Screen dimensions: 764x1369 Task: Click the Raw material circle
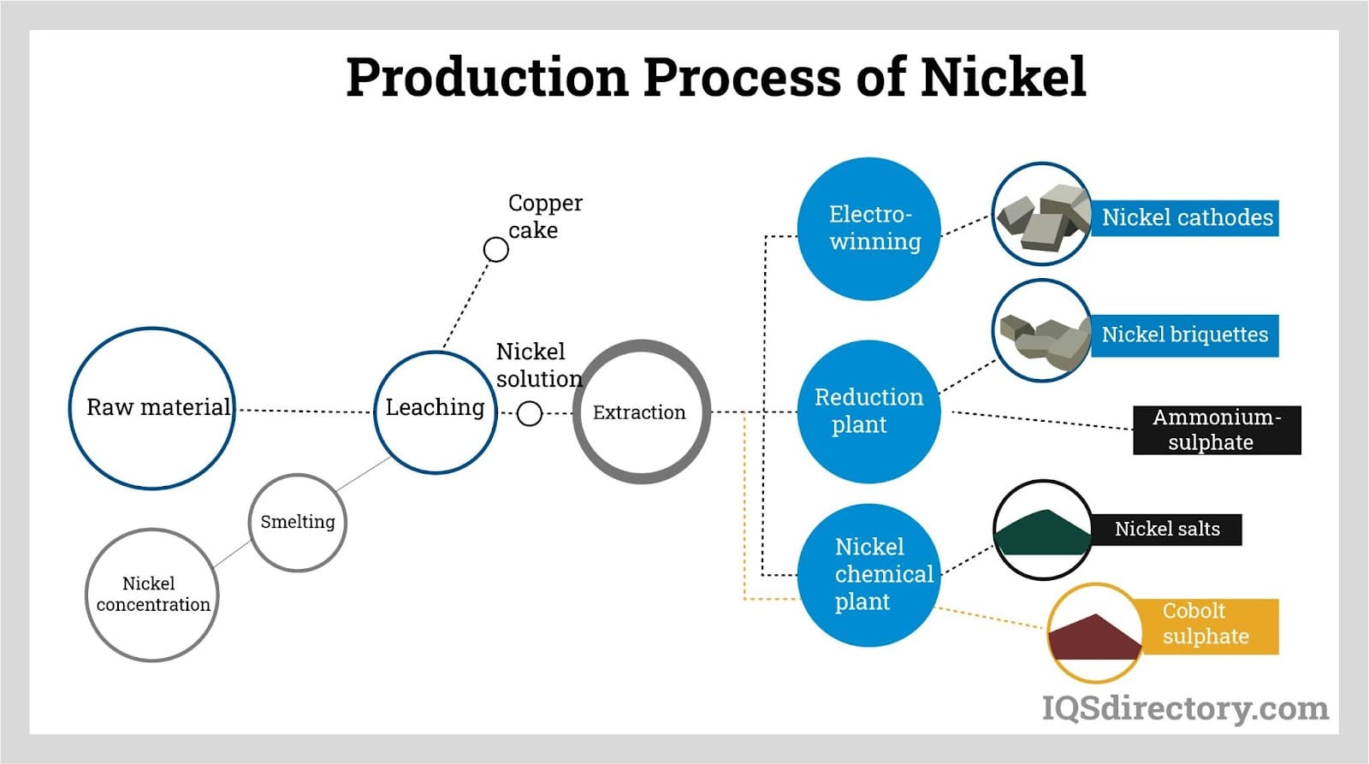[x=152, y=408]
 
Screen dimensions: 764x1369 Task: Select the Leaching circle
[x=435, y=412]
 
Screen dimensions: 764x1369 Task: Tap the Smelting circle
[x=297, y=522]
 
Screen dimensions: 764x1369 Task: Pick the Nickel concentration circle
[x=152, y=595]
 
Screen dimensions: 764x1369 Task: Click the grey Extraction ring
[x=640, y=412]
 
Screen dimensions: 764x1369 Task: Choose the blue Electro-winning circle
[x=869, y=228]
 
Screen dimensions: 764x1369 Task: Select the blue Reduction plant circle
[x=869, y=412]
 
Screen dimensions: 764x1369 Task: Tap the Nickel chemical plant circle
[x=869, y=575]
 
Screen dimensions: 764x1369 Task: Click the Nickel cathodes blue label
[x=1186, y=217]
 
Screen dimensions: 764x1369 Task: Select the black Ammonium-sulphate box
[x=1216, y=429]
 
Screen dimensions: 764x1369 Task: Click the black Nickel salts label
[x=1166, y=529]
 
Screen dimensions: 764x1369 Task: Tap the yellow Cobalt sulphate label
[x=1206, y=625]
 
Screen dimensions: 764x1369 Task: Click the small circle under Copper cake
[x=496, y=250]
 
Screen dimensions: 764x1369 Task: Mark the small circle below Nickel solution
[x=530, y=414]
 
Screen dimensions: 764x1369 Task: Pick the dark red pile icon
[x=1094, y=637]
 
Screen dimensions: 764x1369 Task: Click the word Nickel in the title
[x=1003, y=76]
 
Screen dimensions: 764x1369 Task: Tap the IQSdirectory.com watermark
[x=1184, y=708]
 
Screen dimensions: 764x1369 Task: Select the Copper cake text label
[x=544, y=216]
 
